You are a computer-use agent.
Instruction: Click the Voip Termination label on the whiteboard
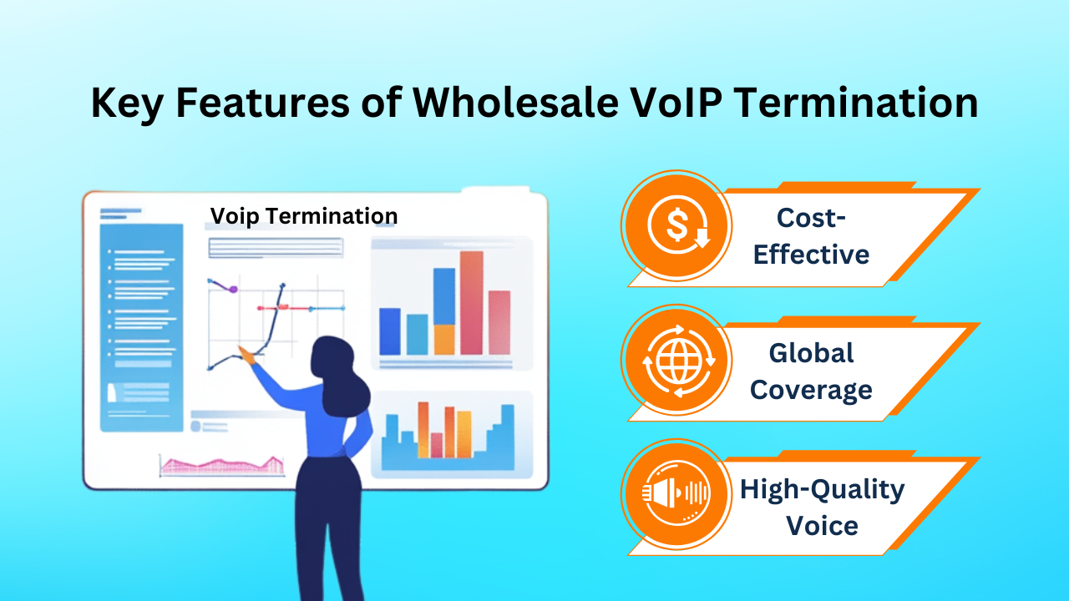[x=304, y=216]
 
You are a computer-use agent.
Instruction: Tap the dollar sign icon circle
[x=677, y=225]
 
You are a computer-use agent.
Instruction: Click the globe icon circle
[x=677, y=361]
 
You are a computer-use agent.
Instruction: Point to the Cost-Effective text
[x=811, y=235]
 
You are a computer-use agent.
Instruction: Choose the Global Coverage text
[x=811, y=371]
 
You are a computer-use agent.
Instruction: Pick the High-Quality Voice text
[x=822, y=507]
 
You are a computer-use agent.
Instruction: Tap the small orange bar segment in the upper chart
[x=444, y=339]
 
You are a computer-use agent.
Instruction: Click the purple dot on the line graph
[x=233, y=289]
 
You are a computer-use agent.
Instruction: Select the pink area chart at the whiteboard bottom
[x=221, y=466]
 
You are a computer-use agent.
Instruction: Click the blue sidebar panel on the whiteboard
[x=141, y=326]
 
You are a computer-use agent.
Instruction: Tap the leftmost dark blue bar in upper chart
[x=390, y=331]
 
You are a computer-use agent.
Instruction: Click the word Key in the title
[x=125, y=103]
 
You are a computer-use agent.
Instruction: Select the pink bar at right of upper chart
[x=499, y=322]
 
